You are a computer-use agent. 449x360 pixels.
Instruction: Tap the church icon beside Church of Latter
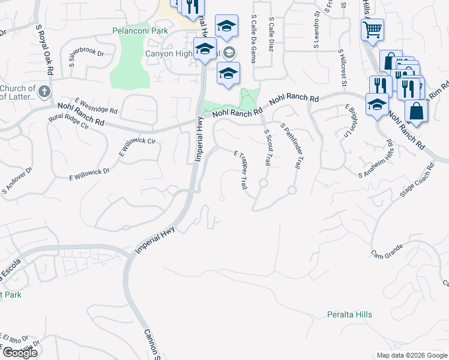tap(44, 92)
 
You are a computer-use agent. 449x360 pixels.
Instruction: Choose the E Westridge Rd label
tap(96, 107)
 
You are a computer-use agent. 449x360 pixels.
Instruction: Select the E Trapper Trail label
tap(240, 170)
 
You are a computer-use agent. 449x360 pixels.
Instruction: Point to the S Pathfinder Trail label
tap(290, 145)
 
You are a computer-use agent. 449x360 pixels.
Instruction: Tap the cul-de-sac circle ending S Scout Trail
tap(263, 183)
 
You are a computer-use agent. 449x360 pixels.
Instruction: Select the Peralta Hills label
tap(349, 314)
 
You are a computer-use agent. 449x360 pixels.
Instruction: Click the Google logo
tap(19, 353)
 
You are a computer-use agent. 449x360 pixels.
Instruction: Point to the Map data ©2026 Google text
tap(412, 355)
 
